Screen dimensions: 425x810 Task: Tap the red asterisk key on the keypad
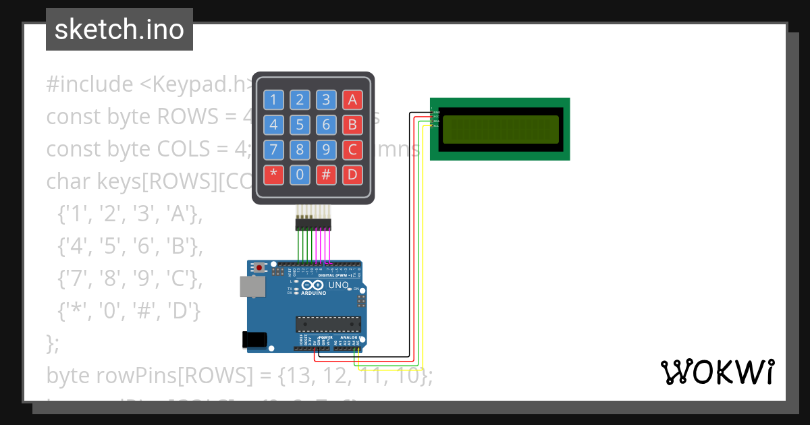pos(273,175)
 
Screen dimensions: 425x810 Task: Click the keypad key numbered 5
pos(300,125)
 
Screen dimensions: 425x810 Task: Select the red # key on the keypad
pos(326,175)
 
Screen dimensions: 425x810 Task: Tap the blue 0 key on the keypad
pos(300,175)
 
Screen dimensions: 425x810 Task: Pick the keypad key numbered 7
pos(273,150)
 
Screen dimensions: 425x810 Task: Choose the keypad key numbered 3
pos(326,100)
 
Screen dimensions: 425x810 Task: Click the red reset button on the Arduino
pos(260,268)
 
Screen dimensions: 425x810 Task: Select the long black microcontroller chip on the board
pos(328,324)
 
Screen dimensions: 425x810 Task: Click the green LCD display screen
pos(500,130)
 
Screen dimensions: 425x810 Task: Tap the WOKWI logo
pos(717,372)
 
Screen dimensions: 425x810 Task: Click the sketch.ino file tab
pos(119,30)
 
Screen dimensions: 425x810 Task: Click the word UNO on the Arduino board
pos(338,285)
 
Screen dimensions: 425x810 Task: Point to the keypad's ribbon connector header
pos(313,223)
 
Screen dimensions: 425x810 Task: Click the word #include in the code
pos(90,84)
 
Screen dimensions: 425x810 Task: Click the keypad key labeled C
pos(352,150)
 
